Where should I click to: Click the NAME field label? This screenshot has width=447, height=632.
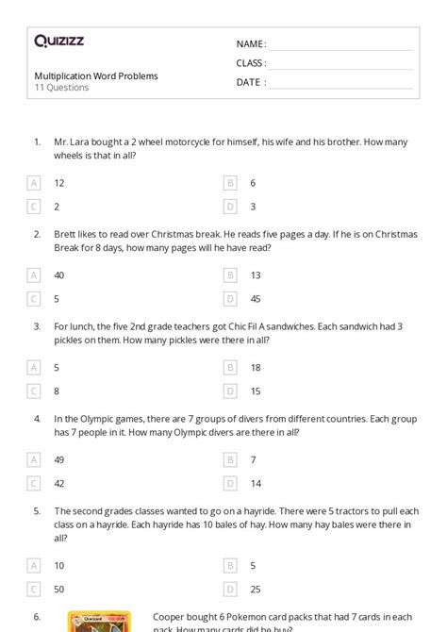(251, 44)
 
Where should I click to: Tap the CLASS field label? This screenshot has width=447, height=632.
(251, 63)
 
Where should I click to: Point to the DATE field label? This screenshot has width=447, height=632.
(249, 82)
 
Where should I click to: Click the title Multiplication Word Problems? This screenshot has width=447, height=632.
(96, 75)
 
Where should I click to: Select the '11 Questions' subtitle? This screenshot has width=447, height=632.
(61, 88)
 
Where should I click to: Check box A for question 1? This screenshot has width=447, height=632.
(34, 183)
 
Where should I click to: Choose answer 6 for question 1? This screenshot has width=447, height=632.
(253, 183)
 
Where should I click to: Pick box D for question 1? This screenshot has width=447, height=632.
(230, 206)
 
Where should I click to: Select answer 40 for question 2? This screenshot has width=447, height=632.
(59, 275)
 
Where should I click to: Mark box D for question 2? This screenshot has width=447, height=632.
(230, 298)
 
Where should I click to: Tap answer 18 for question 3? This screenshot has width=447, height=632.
(256, 367)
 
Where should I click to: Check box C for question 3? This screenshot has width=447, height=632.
(34, 390)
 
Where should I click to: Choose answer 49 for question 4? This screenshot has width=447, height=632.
(59, 459)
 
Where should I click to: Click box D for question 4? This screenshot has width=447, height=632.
(230, 482)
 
